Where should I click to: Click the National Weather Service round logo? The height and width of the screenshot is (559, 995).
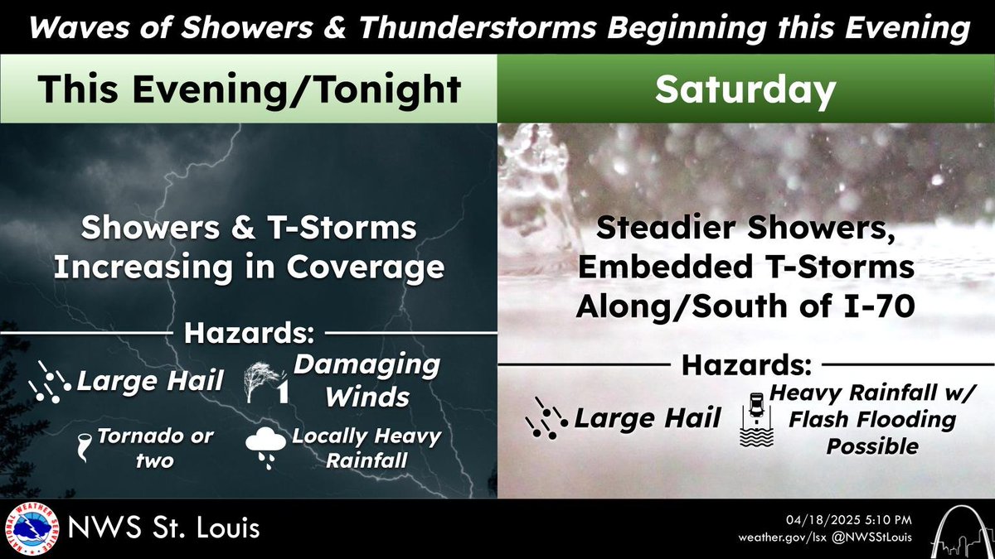pos(30,528)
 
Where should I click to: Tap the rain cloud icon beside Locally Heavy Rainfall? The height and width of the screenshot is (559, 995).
pos(265,448)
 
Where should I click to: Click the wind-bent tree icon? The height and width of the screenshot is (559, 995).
pos(265,382)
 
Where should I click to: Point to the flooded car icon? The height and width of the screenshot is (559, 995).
pos(755,420)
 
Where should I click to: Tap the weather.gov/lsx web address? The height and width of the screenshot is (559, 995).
pos(782,537)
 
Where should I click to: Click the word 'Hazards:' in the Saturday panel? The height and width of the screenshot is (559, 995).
pos(745,364)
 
